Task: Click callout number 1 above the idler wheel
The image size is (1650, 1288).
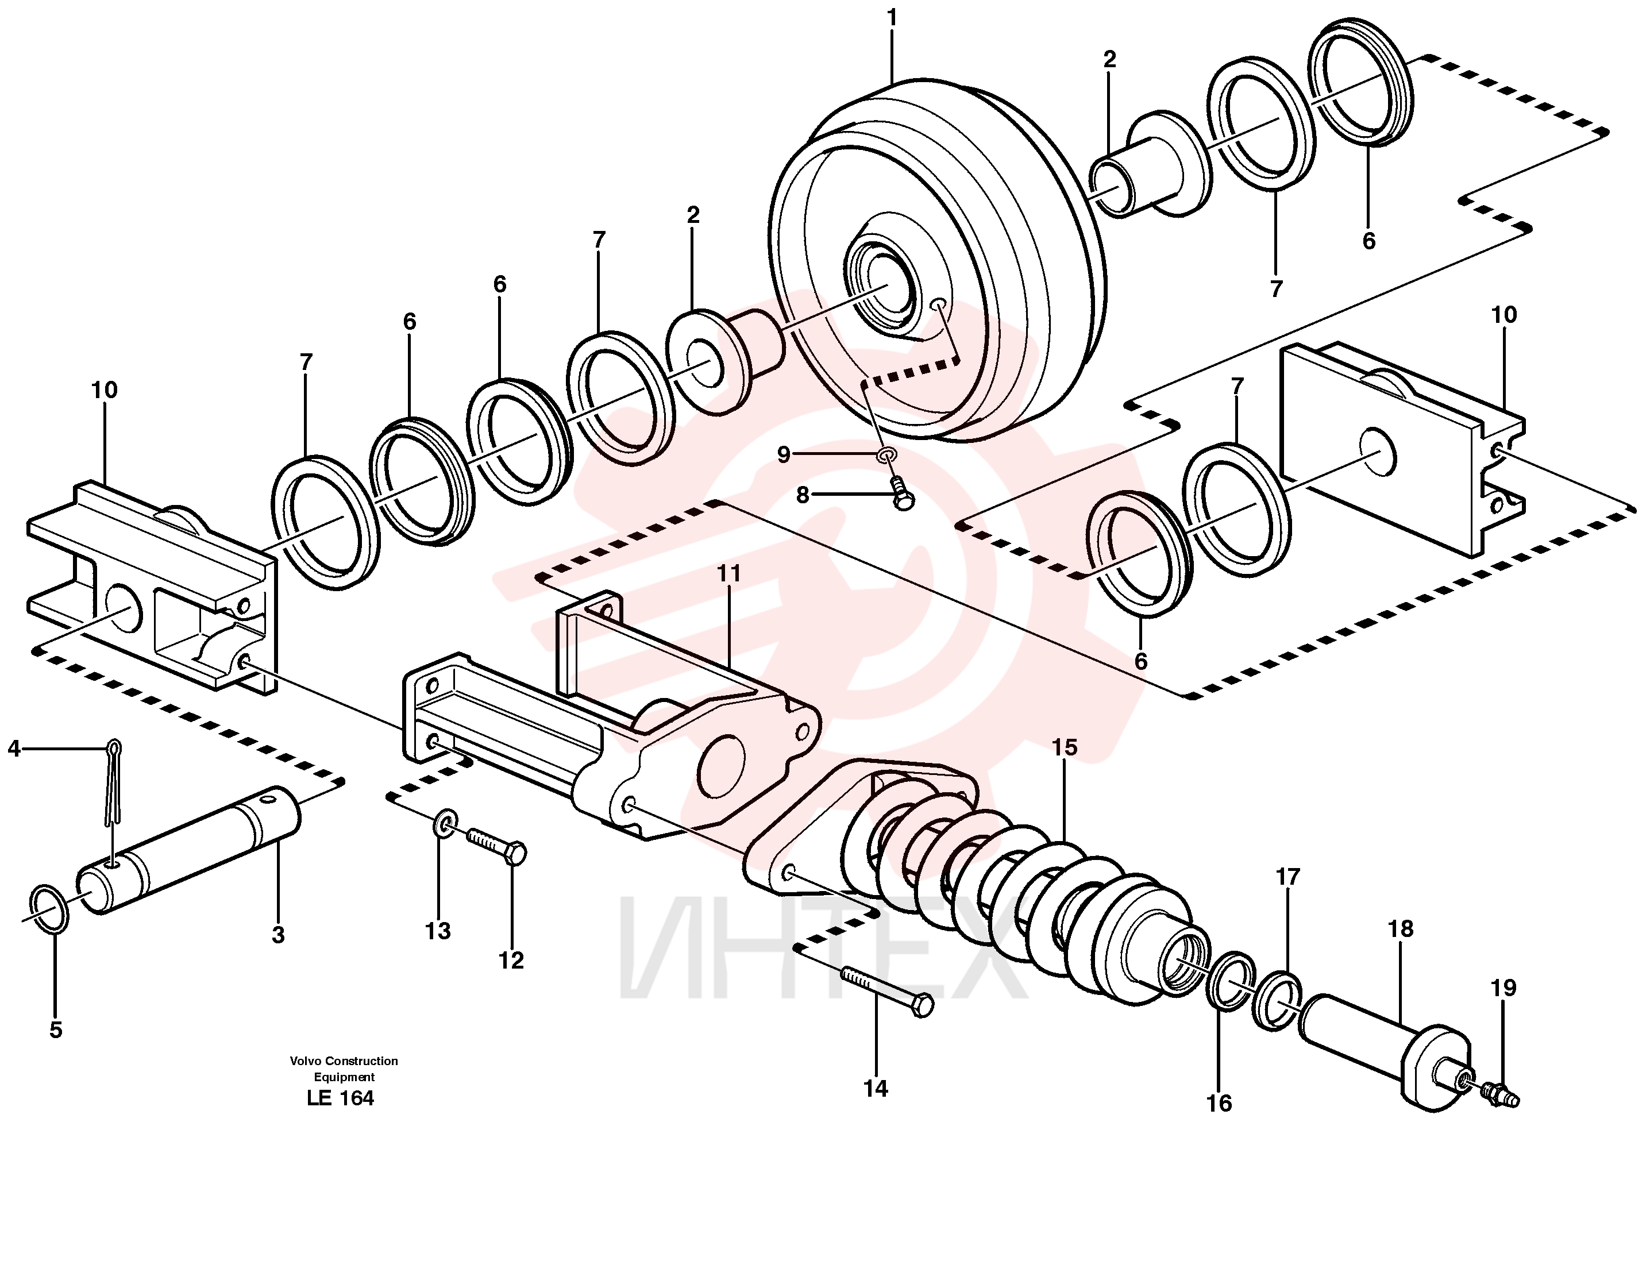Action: pos(892,17)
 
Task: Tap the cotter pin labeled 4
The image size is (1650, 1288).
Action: pos(113,782)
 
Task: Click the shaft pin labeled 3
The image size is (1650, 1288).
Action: pos(189,850)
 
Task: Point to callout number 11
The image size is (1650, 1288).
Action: pos(729,573)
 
